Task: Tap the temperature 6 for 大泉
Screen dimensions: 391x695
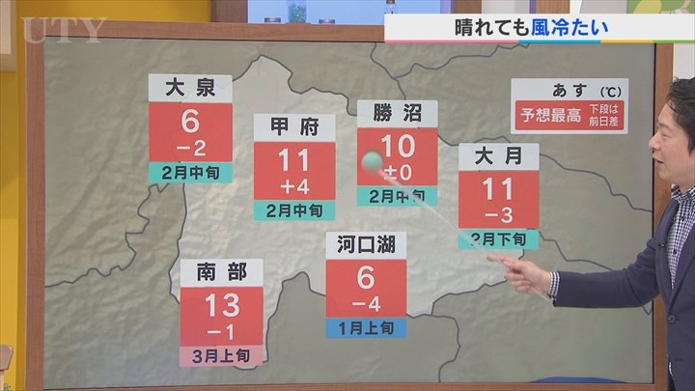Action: click(x=190, y=121)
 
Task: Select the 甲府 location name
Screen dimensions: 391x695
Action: click(x=294, y=128)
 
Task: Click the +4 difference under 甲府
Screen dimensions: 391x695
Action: click(x=294, y=183)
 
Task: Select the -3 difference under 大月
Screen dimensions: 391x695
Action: click(x=498, y=212)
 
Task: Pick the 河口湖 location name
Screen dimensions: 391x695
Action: click(x=366, y=246)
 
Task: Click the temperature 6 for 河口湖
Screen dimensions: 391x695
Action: click(x=366, y=277)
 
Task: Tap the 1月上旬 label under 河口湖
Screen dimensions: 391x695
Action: click(x=366, y=328)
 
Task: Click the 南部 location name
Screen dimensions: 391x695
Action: click(x=221, y=273)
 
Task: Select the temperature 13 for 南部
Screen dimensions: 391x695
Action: click(x=221, y=306)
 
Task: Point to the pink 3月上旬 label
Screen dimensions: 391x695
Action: click(x=221, y=356)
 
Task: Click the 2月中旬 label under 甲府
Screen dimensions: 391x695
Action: click(x=294, y=209)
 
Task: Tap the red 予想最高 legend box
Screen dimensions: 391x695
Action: click(x=547, y=116)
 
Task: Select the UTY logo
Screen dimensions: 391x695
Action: click(x=62, y=29)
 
